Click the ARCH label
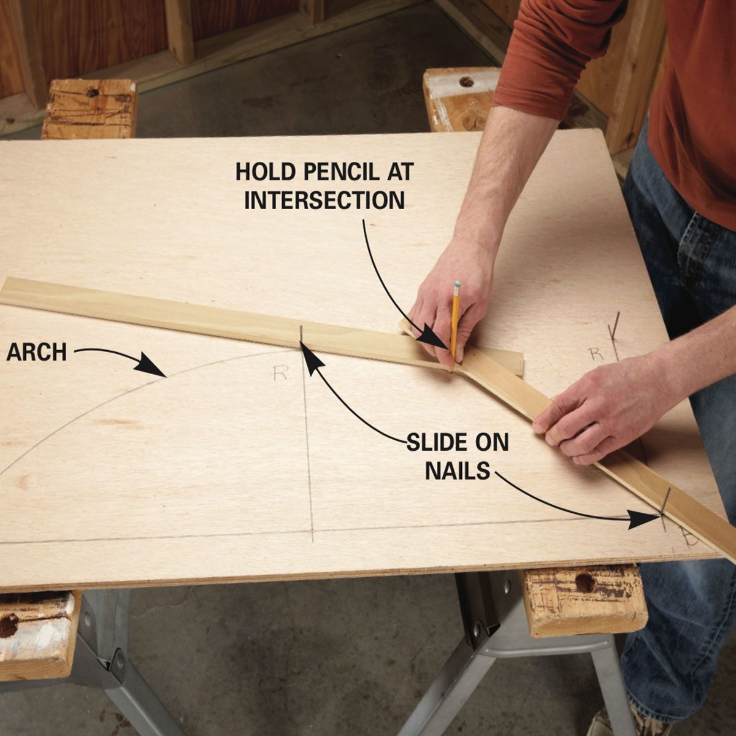point(37,352)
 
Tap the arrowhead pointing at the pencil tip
point(434,338)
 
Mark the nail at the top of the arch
point(301,335)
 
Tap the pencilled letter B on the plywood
point(690,538)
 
